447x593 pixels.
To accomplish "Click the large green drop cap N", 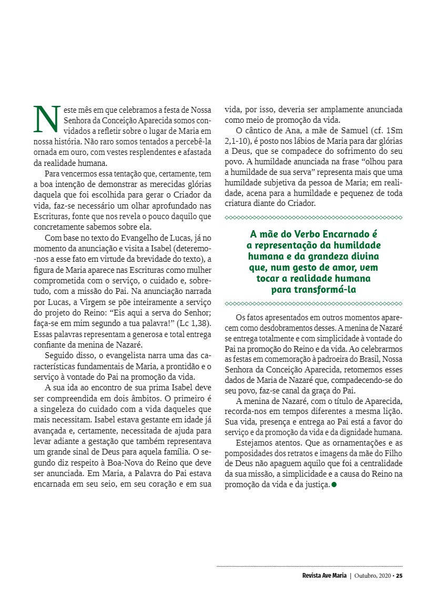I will [45, 119].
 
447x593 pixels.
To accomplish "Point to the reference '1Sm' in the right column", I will [395, 131].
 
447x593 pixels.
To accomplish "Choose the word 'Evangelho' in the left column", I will [133, 238].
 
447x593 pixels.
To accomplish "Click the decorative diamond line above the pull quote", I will [313, 218].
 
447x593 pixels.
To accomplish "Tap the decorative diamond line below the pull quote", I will [313, 304].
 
